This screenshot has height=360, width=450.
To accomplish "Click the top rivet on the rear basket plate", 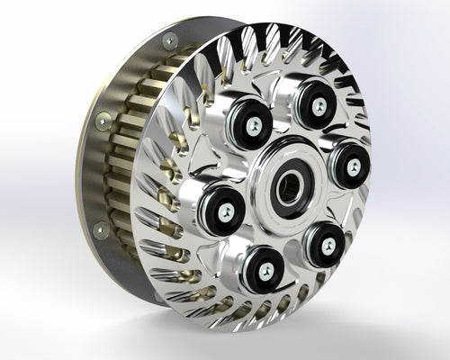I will pyautogui.click(x=170, y=39).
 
